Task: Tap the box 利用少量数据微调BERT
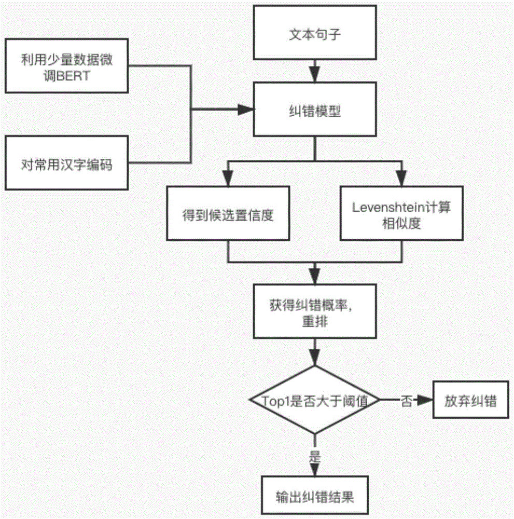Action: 66,67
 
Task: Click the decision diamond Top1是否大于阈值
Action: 315,400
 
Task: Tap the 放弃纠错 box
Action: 470,401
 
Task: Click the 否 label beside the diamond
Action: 406,401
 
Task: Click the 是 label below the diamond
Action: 315,458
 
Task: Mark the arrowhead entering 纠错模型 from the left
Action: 246,110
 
